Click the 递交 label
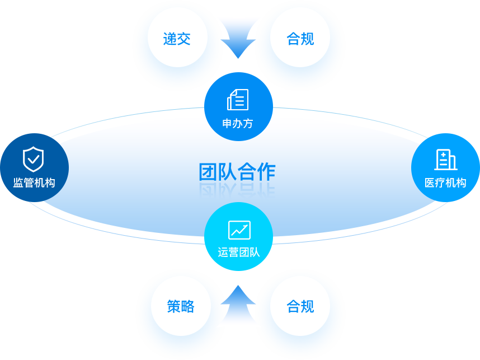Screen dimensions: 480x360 (177, 39)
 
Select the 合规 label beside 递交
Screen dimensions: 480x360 (300, 39)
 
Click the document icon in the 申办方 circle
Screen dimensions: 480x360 (238, 100)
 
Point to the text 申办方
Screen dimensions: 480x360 (238, 124)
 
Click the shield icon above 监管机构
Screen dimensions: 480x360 (34, 160)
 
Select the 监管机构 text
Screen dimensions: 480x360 (34, 183)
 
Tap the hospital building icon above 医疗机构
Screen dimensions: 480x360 (446, 160)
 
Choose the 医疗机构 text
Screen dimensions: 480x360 (445, 183)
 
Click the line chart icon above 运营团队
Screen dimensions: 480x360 (239, 230)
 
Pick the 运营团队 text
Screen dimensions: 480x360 (239, 253)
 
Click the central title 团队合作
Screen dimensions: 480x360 (237, 172)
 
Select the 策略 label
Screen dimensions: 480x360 (181, 306)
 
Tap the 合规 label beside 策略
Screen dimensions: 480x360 (300, 306)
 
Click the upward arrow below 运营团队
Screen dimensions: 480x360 (238, 303)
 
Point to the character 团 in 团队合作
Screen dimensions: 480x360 (208, 172)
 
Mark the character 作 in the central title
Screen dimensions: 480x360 (266, 172)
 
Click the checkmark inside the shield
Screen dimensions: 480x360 (34, 159)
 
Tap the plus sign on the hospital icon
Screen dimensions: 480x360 (443, 155)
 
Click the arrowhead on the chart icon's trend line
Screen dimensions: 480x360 (246, 227)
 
